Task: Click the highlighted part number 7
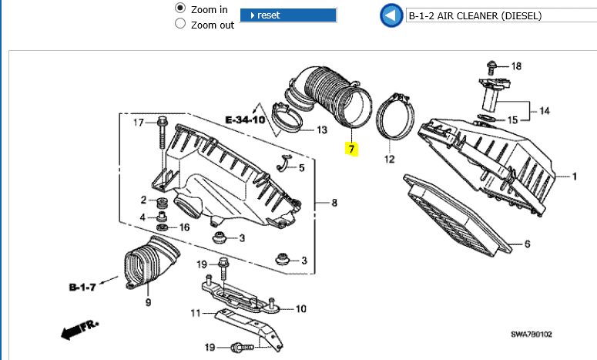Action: tap(351, 149)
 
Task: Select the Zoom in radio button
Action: tap(180, 8)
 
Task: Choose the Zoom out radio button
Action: tap(180, 24)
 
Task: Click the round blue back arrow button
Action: tap(391, 15)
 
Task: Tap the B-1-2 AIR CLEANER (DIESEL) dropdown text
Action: tap(475, 15)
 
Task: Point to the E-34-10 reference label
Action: tap(245, 120)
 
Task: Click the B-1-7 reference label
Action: tap(82, 287)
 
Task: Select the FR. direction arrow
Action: tap(79, 329)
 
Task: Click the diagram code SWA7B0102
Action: tap(531, 334)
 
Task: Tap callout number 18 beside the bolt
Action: tap(516, 66)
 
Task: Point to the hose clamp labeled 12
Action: tap(395, 116)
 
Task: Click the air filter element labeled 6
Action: tap(457, 215)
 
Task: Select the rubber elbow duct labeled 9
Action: tap(152, 263)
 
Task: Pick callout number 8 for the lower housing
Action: tap(334, 203)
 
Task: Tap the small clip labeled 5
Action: tap(283, 163)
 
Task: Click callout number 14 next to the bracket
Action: tap(545, 111)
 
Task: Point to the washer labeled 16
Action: tap(162, 228)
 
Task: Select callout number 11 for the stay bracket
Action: tap(195, 313)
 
